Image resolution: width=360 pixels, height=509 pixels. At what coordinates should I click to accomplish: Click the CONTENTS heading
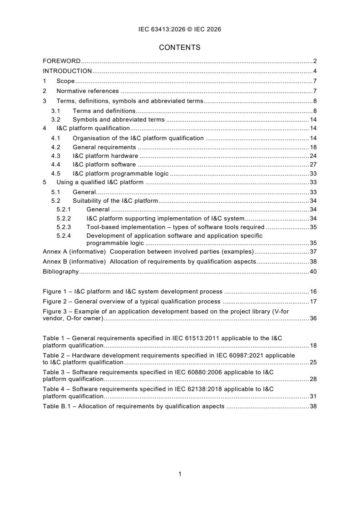tap(179, 47)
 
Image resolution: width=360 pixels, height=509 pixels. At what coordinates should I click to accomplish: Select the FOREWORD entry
tap(62, 61)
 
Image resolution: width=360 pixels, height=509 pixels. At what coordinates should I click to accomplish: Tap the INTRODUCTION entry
tap(67, 71)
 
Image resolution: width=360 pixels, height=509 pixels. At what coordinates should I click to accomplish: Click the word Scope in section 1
tap(65, 81)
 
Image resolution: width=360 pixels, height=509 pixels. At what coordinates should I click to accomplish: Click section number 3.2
tap(55, 120)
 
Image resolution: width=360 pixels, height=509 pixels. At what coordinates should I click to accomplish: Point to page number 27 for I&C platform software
tap(313, 165)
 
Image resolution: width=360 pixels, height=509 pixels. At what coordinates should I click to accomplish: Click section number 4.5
tap(55, 173)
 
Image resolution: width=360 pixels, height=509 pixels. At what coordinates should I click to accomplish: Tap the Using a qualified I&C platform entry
tap(100, 182)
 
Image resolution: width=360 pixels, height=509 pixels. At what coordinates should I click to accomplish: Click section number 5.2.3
tap(64, 227)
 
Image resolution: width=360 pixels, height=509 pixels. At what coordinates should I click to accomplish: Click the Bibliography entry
tap(60, 271)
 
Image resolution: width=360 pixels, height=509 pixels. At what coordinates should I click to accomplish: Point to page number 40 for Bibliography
tap(313, 271)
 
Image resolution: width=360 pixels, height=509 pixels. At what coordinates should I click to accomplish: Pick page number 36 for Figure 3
tap(313, 318)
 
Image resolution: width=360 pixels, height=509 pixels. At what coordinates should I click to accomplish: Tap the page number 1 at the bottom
tap(180, 474)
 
